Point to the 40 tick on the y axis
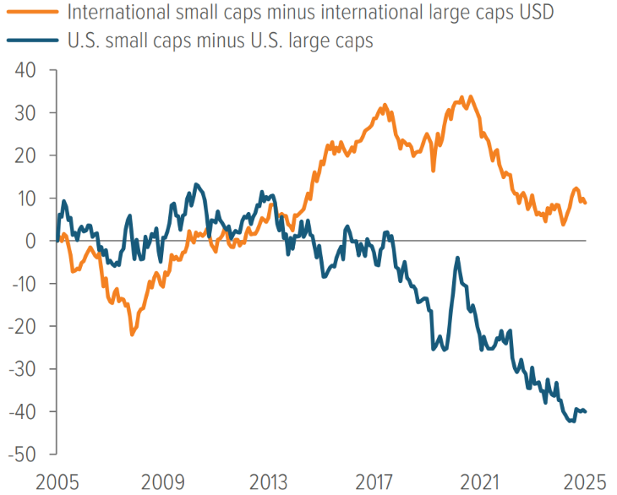click(x=25, y=70)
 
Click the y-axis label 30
click(x=25, y=113)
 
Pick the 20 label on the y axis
click(x=25, y=155)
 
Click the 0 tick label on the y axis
click(x=30, y=241)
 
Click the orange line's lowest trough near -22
click(x=132, y=335)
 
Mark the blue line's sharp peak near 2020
click(x=457, y=258)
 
